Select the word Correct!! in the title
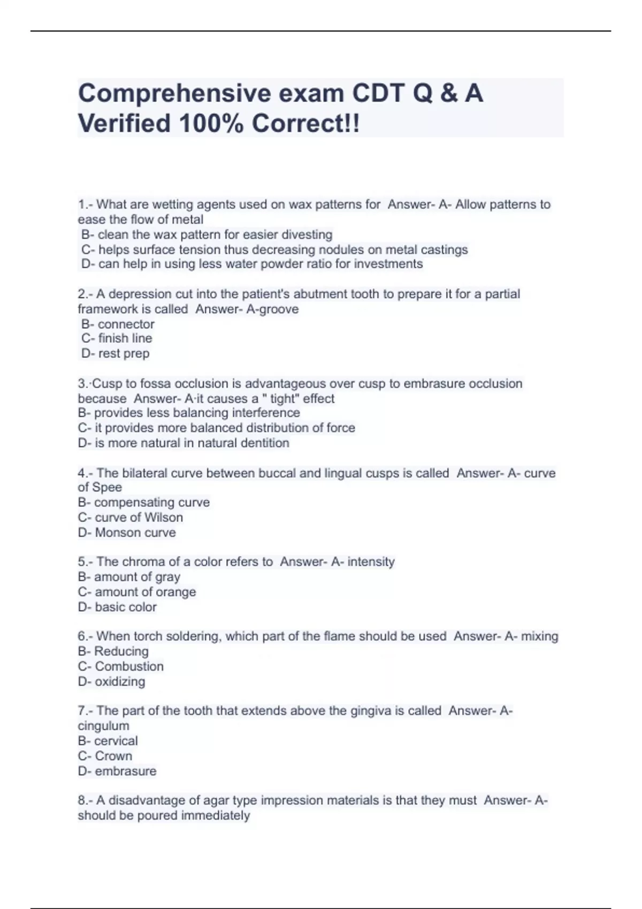click(x=306, y=124)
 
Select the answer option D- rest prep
click(x=116, y=353)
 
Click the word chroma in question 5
click(x=143, y=562)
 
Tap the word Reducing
click(x=121, y=651)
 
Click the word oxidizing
click(x=120, y=682)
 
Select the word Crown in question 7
click(x=113, y=756)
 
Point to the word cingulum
click(x=103, y=726)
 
